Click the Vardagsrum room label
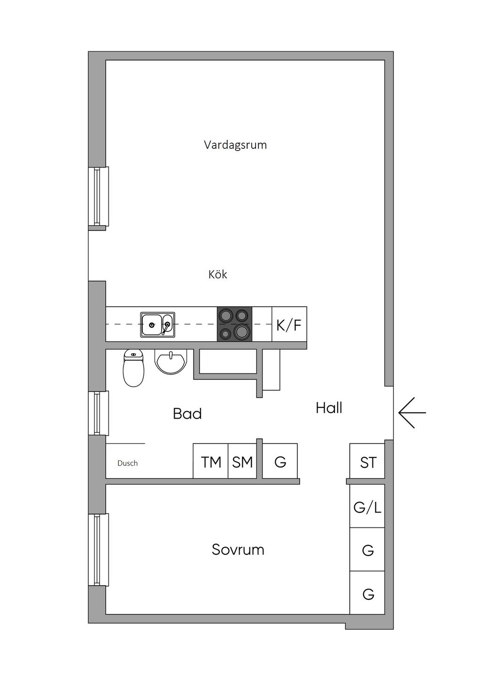pyautogui.click(x=235, y=145)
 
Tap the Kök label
pyautogui.click(x=217, y=275)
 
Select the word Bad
pyautogui.click(x=187, y=414)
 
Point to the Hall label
pyautogui.click(x=329, y=408)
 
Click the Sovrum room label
pyautogui.click(x=238, y=550)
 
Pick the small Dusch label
pyautogui.click(x=127, y=464)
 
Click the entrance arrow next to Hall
pyautogui.click(x=412, y=413)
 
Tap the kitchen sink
pyautogui.click(x=157, y=325)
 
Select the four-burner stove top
pyautogui.click(x=234, y=324)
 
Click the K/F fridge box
pyautogui.click(x=289, y=324)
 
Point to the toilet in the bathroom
pyautogui.click(x=133, y=368)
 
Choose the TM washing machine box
pyautogui.click(x=211, y=462)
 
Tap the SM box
pyautogui.click(x=242, y=462)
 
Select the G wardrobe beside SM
pyautogui.click(x=280, y=462)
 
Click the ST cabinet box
pyautogui.click(x=368, y=462)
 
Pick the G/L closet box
pyautogui.click(x=367, y=507)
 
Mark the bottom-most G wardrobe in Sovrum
pyautogui.click(x=368, y=594)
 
